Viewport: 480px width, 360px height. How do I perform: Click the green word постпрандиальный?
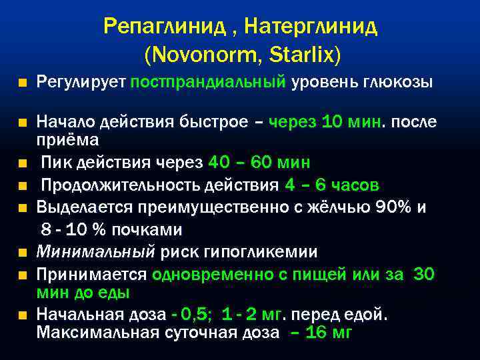point(209,83)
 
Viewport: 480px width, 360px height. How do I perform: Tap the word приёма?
point(67,140)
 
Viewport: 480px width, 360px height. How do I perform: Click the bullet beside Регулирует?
point(23,83)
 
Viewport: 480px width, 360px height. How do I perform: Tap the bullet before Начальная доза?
point(23,314)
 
